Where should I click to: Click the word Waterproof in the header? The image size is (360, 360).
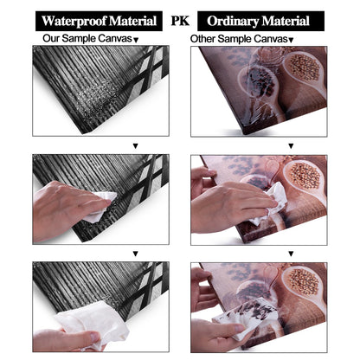tap(74, 21)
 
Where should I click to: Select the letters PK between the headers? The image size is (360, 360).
tap(180, 21)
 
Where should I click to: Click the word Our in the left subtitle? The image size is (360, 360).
tap(51, 38)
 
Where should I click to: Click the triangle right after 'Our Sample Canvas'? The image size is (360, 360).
tap(136, 40)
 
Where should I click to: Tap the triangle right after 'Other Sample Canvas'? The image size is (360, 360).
tap(291, 40)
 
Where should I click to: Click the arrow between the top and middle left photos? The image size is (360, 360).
tap(136, 146)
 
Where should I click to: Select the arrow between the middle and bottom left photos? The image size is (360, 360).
tap(136, 254)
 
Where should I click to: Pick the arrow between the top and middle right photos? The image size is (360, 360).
tap(291, 146)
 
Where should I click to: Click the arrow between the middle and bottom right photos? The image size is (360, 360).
tap(291, 254)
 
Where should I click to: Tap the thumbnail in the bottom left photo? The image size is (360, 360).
tap(93, 337)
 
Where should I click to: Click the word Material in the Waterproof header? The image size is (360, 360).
tap(133, 21)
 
